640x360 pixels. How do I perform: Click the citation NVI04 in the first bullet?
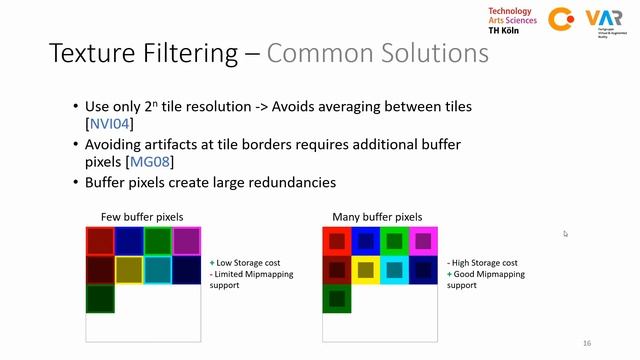[x=111, y=124]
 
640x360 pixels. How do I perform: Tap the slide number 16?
[x=586, y=342]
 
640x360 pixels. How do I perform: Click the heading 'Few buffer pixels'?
[x=141, y=216]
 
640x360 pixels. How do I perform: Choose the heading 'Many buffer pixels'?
[x=377, y=216]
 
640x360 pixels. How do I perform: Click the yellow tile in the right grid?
[x=365, y=270]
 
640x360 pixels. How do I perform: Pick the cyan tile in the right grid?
[x=394, y=270]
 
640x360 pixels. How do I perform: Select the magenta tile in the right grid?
[x=423, y=241]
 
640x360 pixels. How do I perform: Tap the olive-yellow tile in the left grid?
[x=128, y=270]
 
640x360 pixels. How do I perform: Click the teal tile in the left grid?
[x=157, y=270]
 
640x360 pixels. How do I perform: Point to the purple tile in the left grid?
[x=186, y=241]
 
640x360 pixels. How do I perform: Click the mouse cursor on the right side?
[x=565, y=233]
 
